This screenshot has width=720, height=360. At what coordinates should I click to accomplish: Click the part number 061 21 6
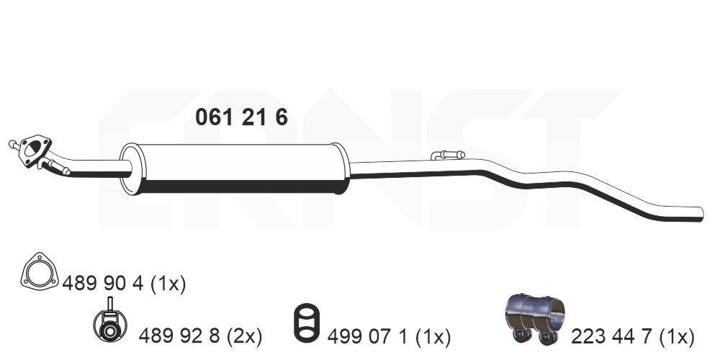[241, 117]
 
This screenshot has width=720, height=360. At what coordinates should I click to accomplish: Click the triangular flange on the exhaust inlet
[35, 150]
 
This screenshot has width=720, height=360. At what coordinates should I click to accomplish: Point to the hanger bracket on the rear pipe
[448, 155]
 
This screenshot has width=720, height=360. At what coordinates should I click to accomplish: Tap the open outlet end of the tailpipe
[701, 214]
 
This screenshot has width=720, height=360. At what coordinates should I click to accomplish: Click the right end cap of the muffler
[341, 168]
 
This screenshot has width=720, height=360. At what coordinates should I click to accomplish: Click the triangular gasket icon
[40, 272]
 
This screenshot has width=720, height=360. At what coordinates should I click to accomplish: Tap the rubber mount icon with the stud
[110, 323]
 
